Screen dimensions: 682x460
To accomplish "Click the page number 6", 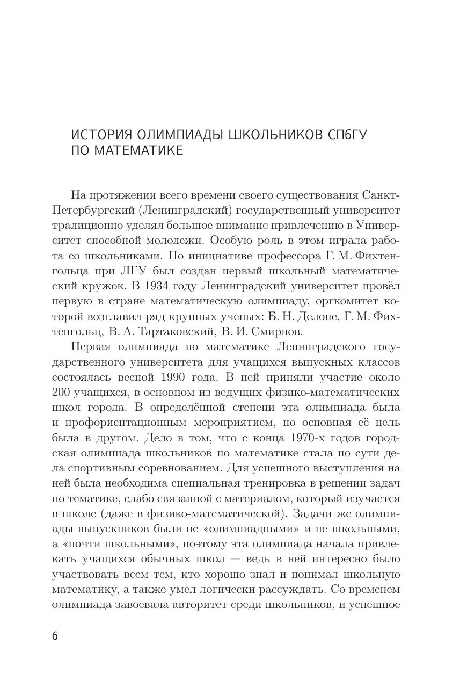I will [55, 636].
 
